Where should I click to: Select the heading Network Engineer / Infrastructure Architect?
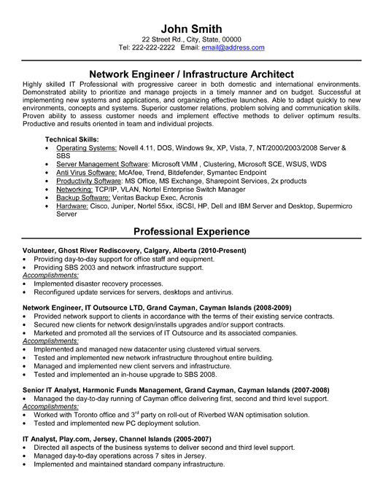click(x=191, y=74)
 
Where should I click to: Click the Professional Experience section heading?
click(x=191, y=232)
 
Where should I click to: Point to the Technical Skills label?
click(x=73, y=139)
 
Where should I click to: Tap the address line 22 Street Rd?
click(x=166, y=39)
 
